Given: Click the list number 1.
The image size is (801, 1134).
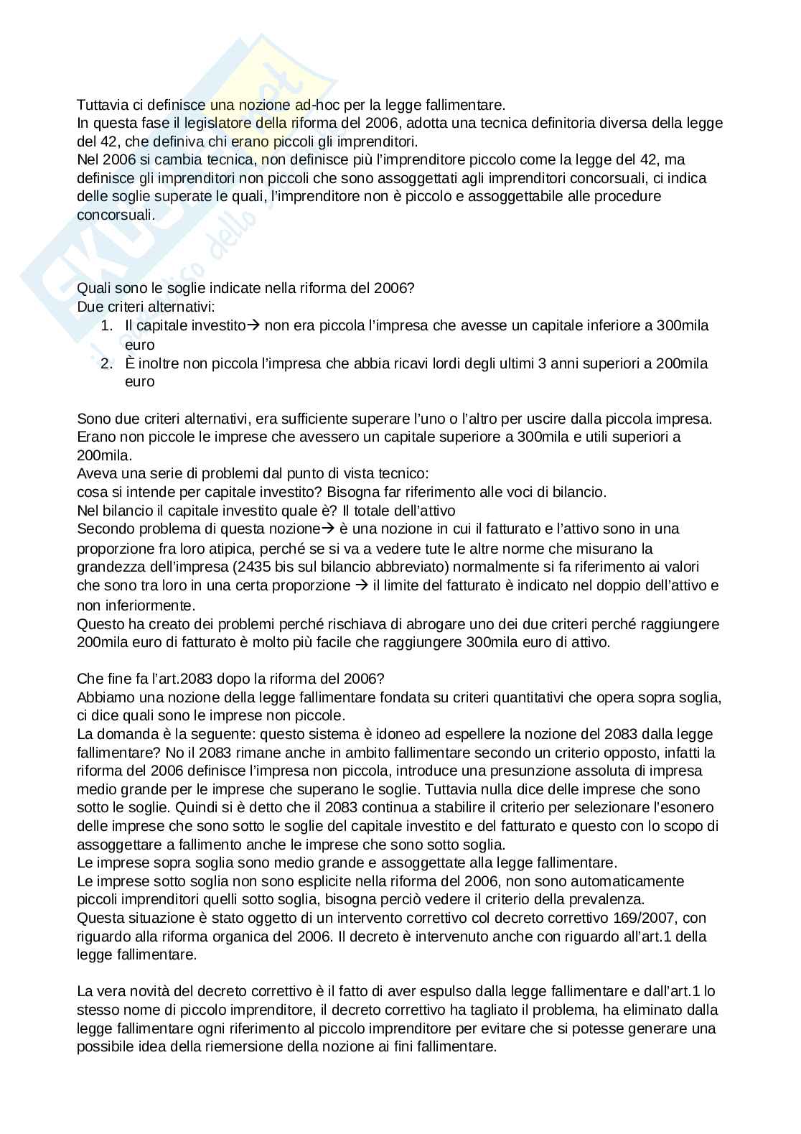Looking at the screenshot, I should (106, 325).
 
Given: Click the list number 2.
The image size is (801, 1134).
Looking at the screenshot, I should (106, 363).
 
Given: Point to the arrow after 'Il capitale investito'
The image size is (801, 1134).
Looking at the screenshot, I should (253, 325).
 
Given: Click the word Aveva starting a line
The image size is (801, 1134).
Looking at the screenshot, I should (95, 474).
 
